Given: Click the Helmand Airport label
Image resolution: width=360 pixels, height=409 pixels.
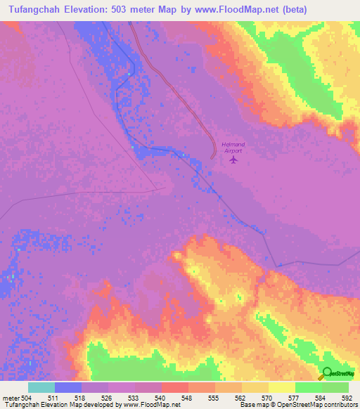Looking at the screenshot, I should pyautogui.click(x=232, y=147).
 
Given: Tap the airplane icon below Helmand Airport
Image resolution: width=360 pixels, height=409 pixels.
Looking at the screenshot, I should pyautogui.click(x=233, y=160).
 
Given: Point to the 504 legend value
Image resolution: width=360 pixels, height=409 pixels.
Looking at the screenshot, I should pyautogui.click(x=26, y=397).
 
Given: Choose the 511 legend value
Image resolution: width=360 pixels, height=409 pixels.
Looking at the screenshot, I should pyautogui.click(x=54, y=397).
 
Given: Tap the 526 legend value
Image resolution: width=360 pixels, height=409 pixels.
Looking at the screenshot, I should pyautogui.click(x=108, y=397).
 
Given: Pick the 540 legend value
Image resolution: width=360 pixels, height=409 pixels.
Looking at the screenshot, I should pyautogui.click(x=160, y=397).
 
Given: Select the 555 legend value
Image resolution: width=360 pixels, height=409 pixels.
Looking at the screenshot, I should pyautogui.click(x=214, y=397).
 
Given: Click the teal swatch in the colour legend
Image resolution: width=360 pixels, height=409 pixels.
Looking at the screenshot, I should pyautogui.click(x=41, y=387).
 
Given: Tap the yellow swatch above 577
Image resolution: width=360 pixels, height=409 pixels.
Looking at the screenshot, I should pyautogui.click(x=281, y=387).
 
